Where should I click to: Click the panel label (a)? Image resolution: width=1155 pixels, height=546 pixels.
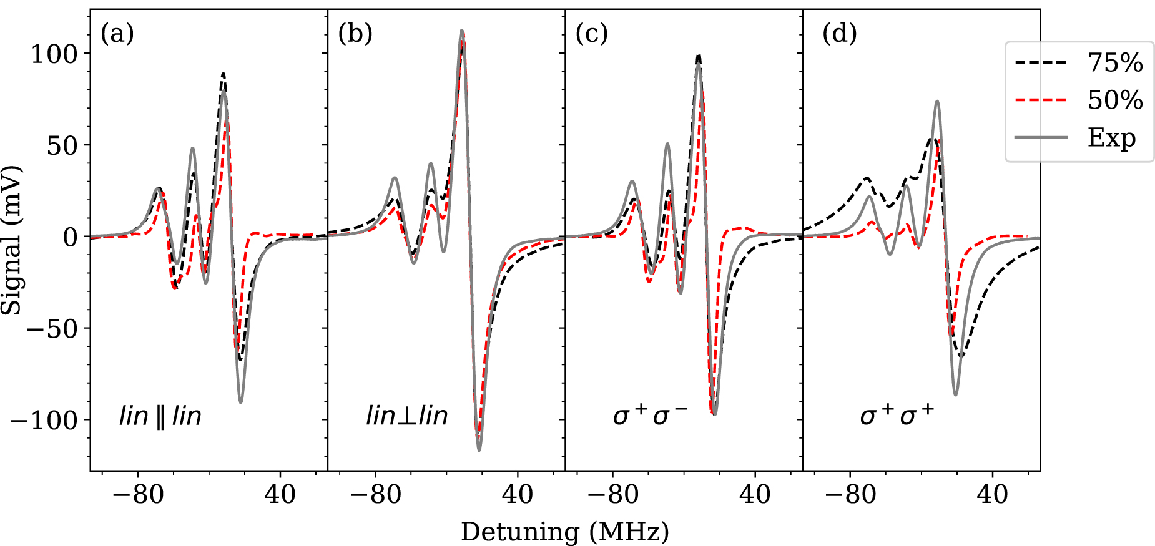(x=117, y=34)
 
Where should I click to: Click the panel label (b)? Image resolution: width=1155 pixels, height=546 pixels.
(x=355, y=34)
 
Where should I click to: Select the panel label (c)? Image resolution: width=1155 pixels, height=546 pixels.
(x=591, y=34)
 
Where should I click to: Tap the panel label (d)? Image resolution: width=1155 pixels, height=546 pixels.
(x=839, y=34)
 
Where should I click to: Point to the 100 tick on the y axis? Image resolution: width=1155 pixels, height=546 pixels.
(x=54, y=54)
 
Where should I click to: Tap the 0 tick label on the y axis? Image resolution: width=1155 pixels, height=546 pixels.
(x=71, y=237)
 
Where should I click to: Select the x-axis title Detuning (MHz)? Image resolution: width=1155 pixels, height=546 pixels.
(x=565, y=532)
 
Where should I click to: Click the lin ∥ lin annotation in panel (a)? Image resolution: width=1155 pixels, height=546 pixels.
(x=160, y=416)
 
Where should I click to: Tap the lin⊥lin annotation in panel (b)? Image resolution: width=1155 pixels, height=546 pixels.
(x=407, y=416)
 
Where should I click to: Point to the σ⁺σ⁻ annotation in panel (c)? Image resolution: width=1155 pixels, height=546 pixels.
(x=650, y=415)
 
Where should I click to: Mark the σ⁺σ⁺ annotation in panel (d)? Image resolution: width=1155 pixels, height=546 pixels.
(x=897, y=415)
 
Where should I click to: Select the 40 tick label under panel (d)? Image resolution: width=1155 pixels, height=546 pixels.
(x=993, y=495)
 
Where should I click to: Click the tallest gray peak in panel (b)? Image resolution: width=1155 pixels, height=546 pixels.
(x=462, y=31)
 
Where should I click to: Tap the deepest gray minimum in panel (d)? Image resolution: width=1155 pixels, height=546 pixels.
(x=956, y=394)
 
